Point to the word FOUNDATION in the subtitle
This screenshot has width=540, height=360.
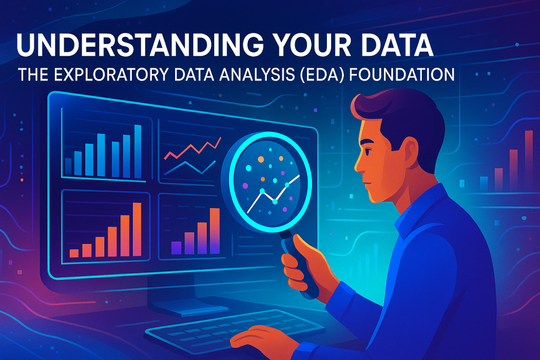click(402, 75)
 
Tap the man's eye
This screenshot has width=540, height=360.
click(367, 151)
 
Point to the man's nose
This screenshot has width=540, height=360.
click(359, 165)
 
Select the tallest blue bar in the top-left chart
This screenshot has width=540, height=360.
click(138, 151)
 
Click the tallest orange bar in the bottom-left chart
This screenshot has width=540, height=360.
click(137, 230)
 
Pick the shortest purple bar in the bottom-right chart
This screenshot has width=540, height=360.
click(176, 248)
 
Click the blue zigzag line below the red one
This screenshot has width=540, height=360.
click(189, 168)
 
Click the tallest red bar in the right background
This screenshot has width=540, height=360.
click(528, 161)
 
